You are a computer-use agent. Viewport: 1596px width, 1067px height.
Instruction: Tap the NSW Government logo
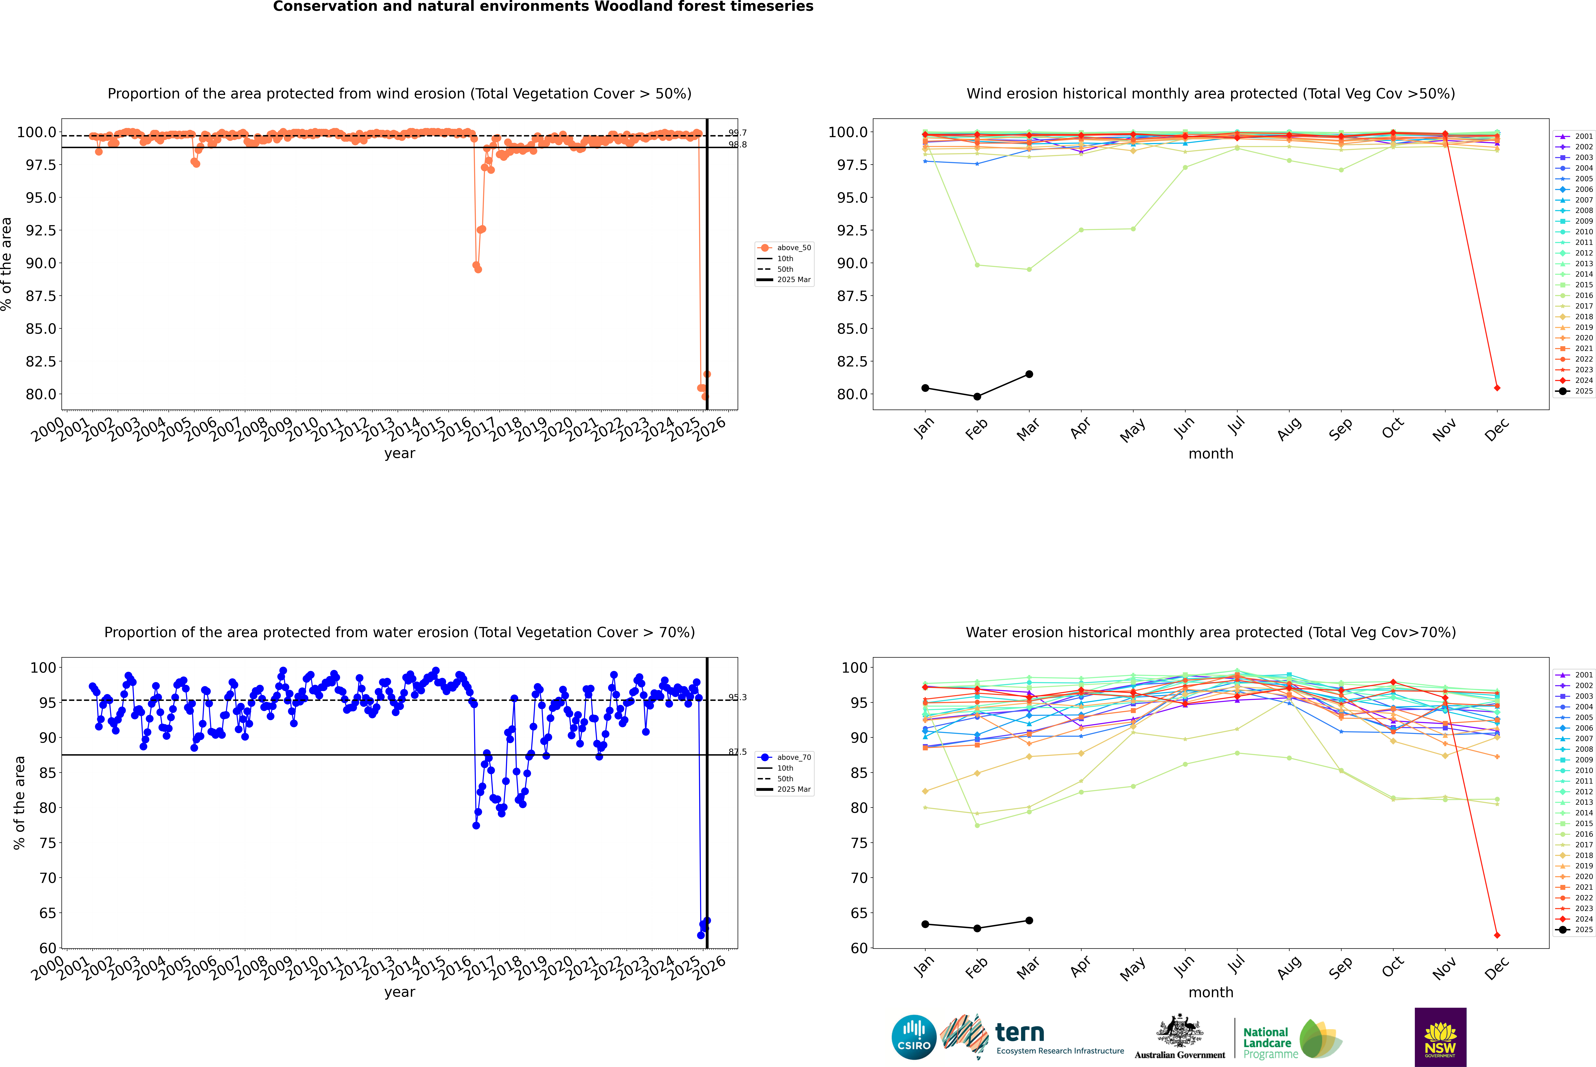(1440, 1037)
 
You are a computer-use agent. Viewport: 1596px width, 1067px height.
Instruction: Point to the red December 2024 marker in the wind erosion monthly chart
(1497, 388)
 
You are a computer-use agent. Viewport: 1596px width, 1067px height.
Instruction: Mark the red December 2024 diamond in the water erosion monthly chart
(1497, 935)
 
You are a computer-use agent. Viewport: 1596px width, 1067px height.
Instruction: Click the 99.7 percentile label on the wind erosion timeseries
(737, 133)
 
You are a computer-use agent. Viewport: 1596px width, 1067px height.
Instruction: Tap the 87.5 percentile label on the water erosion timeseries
(737, 752)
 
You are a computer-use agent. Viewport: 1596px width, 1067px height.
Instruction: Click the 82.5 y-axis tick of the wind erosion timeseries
(41, 361)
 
